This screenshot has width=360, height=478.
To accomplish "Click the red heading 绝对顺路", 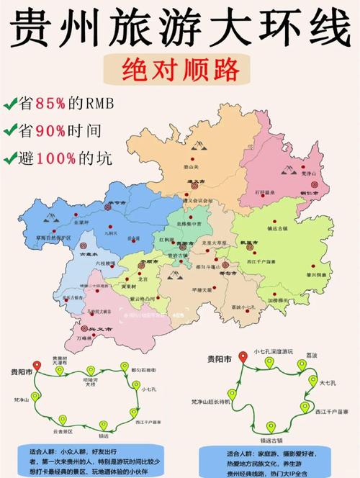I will tap(179, 69).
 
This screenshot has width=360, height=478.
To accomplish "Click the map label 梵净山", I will tap(308, 173).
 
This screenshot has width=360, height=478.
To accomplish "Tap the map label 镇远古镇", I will tap(276, 228).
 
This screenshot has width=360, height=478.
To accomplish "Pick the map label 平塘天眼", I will tap(186, 290).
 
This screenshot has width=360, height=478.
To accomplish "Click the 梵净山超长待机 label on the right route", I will tap(211, 400).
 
